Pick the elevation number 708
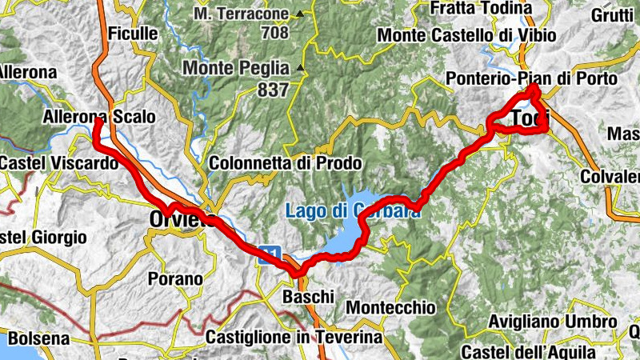click(x=273, y=34)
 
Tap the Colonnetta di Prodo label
click(x=285, y=163)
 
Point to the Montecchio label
click(x=390, y=307)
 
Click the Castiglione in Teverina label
click(x=294, y=338)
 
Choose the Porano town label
click(x=175, y=279)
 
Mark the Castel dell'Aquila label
click(x=528, y=352)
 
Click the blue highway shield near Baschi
click(x=272, y=255)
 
